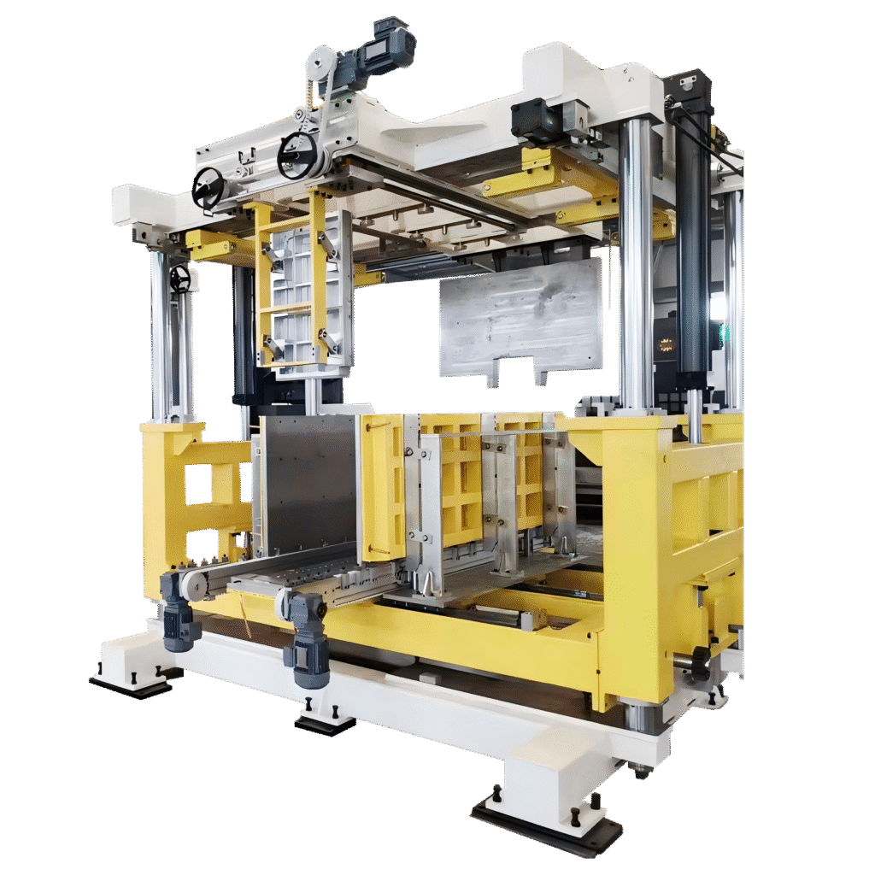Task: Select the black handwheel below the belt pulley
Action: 297,156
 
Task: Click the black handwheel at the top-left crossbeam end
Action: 208,187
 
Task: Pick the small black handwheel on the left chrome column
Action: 179,279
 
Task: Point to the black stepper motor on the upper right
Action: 537,120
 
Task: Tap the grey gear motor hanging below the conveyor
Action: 306,641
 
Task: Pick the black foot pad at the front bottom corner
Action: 547,825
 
